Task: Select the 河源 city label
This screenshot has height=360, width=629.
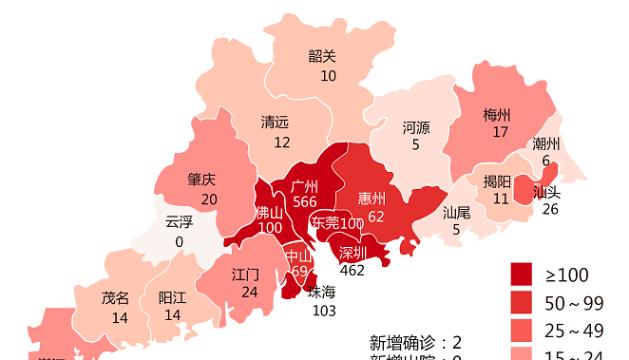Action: [416, 128]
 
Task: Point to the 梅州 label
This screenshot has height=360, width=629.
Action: [496, 114]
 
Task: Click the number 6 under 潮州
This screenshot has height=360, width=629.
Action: [545, 161]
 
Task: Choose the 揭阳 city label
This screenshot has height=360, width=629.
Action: [497, 181]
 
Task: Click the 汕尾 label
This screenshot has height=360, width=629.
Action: [457, 212]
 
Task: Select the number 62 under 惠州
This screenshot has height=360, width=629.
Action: [376, 214]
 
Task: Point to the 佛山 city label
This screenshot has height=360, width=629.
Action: [269, 212]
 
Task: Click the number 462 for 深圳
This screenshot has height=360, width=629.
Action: [352, 269]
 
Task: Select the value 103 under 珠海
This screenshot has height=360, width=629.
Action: [322, 311]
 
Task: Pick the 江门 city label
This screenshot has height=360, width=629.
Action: [246, 273]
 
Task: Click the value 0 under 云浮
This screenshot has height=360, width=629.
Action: [179, 241]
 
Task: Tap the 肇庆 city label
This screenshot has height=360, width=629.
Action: [202, 181]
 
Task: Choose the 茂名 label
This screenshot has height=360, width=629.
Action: [115, 298]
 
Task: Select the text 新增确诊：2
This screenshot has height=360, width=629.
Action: [414, 341]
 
